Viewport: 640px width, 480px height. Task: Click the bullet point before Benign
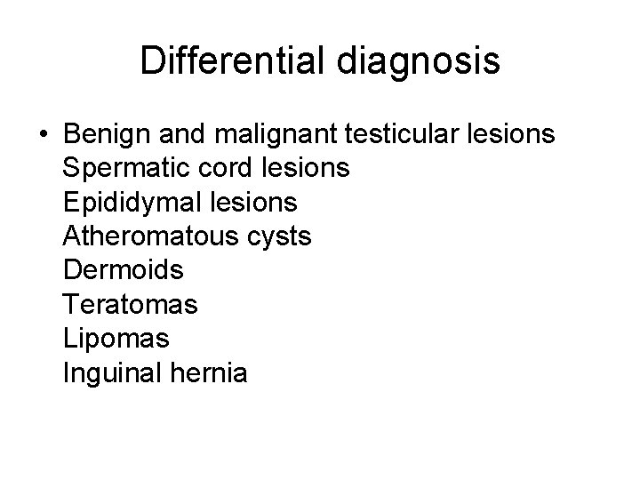[44, 135]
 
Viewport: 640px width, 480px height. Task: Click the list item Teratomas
[131, 306]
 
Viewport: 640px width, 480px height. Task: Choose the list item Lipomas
[116, 340]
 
